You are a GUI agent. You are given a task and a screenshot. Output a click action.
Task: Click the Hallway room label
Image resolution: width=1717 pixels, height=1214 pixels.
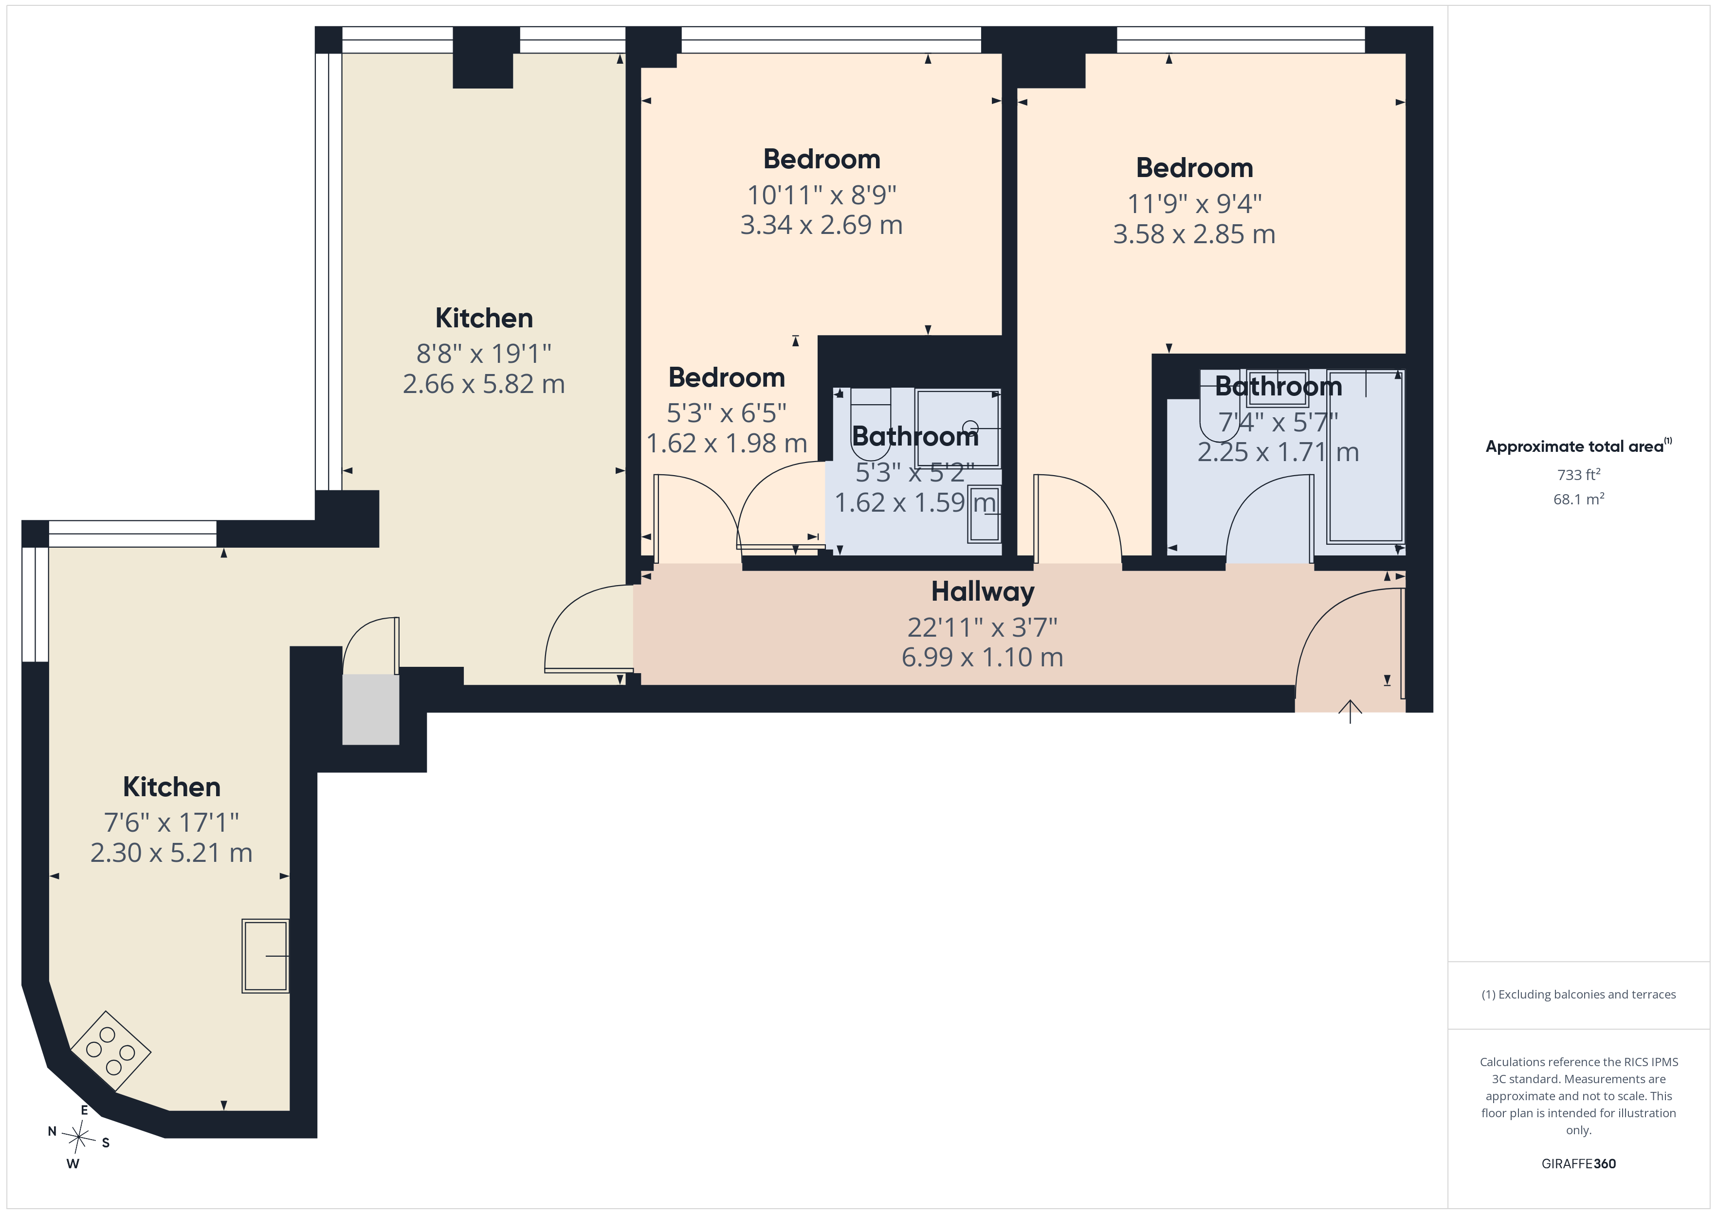click(x=983, y=592)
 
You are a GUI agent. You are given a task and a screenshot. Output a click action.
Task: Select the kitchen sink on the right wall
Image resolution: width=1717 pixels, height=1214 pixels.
click(x=265, y=956)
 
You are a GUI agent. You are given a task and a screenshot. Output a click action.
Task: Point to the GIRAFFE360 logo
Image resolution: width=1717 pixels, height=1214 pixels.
click(x=1579, y=1164)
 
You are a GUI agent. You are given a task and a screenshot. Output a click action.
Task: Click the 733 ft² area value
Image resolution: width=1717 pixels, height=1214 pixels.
click(x=1579, y=475)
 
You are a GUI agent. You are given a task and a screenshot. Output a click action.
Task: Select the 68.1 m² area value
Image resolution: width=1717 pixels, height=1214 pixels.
click(x=1579, y=499)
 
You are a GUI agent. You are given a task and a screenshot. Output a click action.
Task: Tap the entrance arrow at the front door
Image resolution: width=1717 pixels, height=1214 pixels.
click(x=1350, y=711)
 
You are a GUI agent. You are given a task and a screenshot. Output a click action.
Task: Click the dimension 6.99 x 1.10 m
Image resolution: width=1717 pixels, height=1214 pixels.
click(x=983, y=657)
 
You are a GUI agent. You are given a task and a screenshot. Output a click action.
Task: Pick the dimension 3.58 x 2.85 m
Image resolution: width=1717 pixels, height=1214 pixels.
click(x=1194, y=234)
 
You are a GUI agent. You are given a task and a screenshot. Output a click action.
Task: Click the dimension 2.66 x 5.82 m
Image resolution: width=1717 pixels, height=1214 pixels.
click(x=484, y=383)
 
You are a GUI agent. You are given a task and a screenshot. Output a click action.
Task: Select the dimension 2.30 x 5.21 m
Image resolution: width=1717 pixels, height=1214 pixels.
click(x=171, y=852)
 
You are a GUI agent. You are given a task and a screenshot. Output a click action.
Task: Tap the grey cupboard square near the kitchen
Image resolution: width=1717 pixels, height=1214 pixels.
click(x=371, y=710)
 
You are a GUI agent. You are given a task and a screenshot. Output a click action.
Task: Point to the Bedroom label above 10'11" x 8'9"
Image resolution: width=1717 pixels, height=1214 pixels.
click(x=822, y=159)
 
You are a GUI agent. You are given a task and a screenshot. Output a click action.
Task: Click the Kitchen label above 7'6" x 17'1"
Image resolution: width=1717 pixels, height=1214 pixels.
click(x=171, y=786)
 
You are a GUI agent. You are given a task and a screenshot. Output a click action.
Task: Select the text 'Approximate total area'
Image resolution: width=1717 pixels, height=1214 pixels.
click(x=1574, y=447)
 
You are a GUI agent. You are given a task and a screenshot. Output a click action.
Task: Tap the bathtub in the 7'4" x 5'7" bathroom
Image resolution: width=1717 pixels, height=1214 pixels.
click(x=1366, y=456)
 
